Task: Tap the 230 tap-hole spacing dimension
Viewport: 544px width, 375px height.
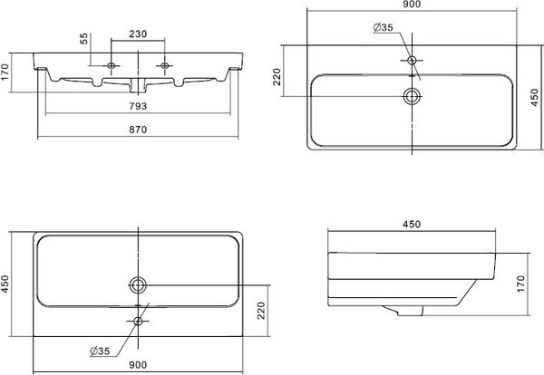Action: click(x=139, y=34)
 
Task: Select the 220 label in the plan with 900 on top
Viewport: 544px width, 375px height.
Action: click(x=277, y=78)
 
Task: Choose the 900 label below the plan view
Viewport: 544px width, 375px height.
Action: click(x=139, y=366)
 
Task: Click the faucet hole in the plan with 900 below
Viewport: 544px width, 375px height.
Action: click(x=139, y=321)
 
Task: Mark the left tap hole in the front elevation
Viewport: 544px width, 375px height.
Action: click(x=112, y=66)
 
